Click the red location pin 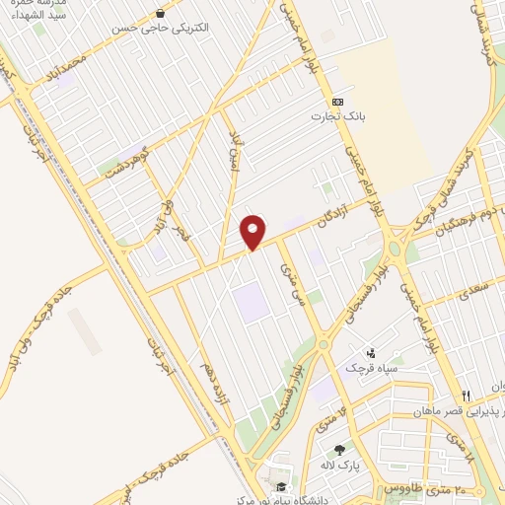coord(253,231)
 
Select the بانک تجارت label coord(338,116)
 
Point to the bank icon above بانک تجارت coord(338,101)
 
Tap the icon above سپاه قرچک coord(370,352)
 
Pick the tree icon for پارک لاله coord(341,450)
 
